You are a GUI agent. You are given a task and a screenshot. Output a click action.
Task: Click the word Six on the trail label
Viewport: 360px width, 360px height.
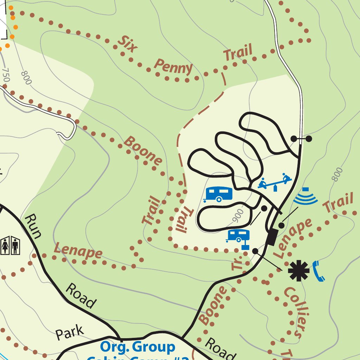tap(127, 44)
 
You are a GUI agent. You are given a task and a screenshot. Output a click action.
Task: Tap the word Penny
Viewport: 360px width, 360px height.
tap(173, 67)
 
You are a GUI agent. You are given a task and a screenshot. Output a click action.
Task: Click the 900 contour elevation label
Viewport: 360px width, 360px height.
tap(238, 216)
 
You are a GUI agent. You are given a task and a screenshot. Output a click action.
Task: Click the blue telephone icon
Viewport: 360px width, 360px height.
tap(318, 271)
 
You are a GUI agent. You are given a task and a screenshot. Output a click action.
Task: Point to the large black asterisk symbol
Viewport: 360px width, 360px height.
tap(298, 271)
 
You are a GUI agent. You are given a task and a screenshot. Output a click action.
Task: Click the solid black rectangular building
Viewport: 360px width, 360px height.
tap(271, 237)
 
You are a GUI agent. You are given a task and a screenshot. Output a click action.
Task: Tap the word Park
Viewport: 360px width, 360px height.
tap(70, 332)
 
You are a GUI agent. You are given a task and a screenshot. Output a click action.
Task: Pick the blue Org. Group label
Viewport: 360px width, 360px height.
tap(137, 347)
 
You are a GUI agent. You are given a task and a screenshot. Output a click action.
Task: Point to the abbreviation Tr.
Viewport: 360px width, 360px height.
tap(237, 263)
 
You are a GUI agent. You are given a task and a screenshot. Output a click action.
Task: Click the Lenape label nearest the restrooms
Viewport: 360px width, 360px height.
tap(78, 252)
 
